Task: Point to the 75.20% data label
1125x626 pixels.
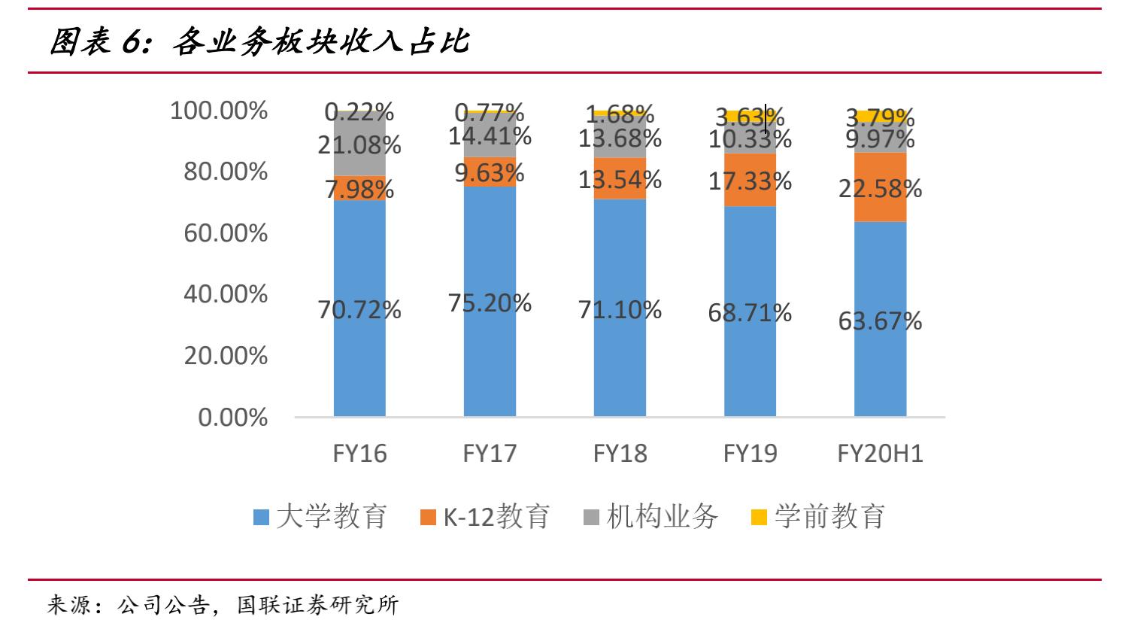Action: point(490,302)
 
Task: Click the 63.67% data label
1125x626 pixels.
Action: point(880,321)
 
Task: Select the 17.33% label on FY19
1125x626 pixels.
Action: point(750,181)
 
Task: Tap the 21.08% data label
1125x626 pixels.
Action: point(359,144)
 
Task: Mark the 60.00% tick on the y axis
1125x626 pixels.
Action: point(226,232)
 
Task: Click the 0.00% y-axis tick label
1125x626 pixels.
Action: point(232,418)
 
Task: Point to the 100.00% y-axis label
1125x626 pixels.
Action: point(219,111)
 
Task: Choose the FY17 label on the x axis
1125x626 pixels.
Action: point(490,453)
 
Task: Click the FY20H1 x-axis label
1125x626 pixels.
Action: point(880,453)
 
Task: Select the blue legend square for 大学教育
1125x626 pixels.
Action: point(261,518)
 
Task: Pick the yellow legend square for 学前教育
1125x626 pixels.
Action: point(760,518)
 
